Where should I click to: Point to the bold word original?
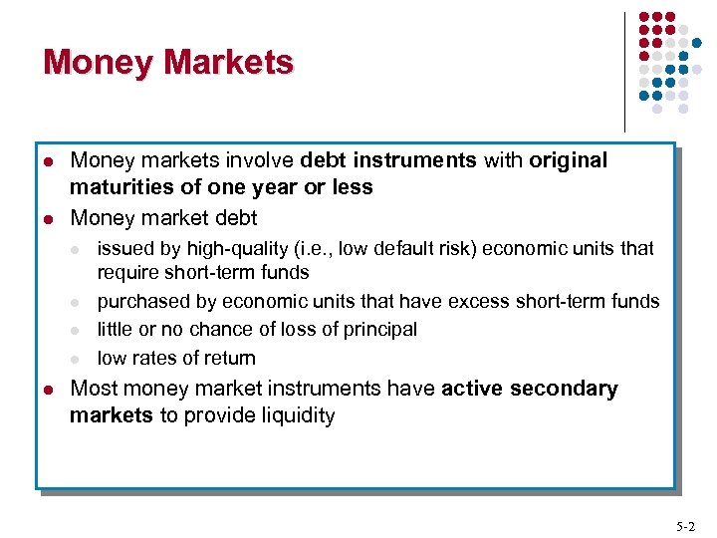click(568, 160)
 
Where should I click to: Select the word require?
click(127, 272)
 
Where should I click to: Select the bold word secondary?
click(568, 389)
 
